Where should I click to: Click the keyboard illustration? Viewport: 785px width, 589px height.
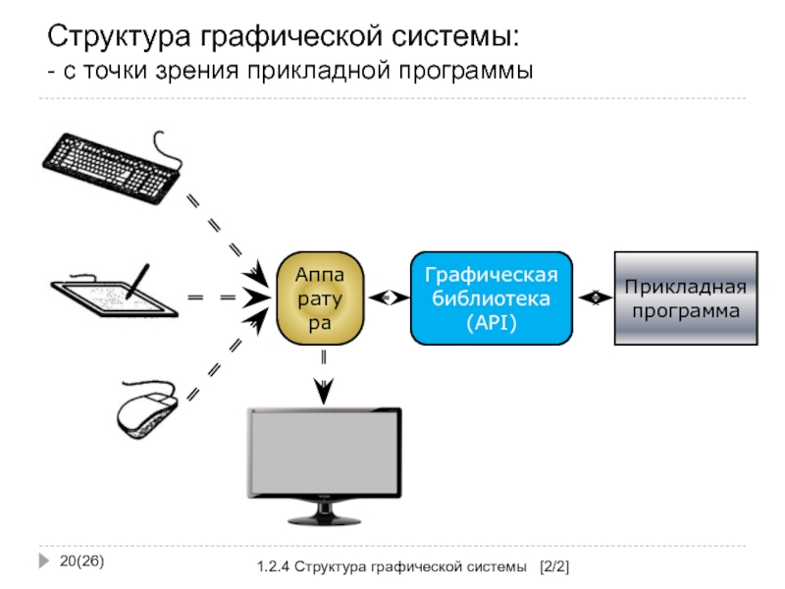112,168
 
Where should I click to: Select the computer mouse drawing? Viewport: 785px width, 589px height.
147,409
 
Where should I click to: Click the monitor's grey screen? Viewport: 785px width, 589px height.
325,453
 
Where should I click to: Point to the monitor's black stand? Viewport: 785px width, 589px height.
325,512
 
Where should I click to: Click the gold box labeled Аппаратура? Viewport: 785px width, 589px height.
321,298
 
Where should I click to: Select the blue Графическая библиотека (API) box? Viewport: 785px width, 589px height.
492,298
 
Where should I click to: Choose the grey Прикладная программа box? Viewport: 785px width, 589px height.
686,298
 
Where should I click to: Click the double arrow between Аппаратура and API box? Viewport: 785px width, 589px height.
388,298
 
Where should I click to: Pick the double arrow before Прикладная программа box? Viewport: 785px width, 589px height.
595,297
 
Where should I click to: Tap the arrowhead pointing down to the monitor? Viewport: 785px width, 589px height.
324,391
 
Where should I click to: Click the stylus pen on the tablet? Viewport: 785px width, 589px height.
137,281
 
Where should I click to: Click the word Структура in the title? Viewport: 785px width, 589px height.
119,36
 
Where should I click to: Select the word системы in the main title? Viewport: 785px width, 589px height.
455,36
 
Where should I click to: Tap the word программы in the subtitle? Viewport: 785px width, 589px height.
465,71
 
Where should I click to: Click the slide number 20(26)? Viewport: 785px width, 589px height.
81,561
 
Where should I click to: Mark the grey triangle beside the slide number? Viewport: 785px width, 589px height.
44,561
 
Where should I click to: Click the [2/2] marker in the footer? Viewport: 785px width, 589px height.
554,566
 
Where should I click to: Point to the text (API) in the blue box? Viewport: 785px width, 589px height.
492,322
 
